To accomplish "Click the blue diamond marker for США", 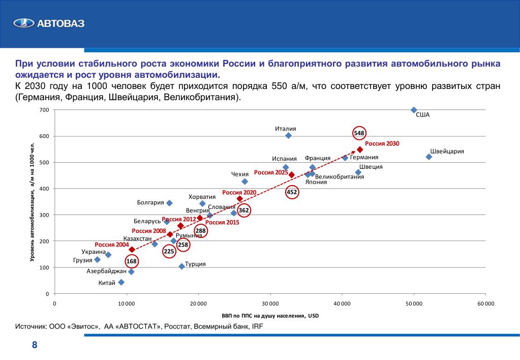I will pos(414,110).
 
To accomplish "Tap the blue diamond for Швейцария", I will pos(429,157).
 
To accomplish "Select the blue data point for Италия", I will pos(288,135).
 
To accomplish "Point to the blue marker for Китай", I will pos(121,282).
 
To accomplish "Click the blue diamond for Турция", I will pos(181,266).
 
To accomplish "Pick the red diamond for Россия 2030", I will pos(360,149).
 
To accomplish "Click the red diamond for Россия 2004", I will pos(132,250).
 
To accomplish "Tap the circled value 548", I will pos(359,133).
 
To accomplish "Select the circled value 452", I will pos(292,192).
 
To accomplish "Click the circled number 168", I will pos(132,261).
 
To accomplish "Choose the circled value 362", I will pos(244,210).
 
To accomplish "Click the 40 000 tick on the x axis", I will pos(342,304).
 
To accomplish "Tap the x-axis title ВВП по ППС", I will pos(270,316).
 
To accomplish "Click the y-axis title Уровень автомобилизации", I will pos(32,202).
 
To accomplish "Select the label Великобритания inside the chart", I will pos(340,176).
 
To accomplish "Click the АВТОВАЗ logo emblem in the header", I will pos(22,23).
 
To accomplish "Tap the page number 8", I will pos(34,345).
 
